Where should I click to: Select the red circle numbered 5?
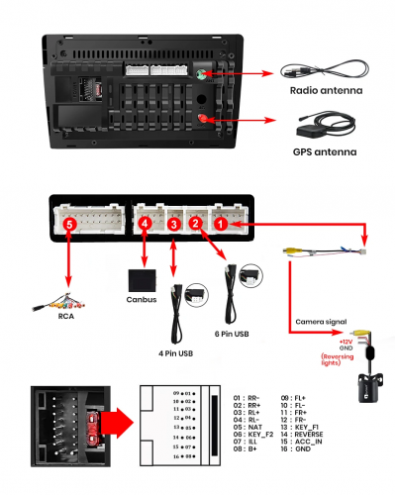[68, 226]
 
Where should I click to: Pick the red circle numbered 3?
[172, 226]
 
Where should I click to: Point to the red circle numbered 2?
[196, 226]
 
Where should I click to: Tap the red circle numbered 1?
[223, 226]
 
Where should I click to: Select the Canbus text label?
[144, 300]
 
